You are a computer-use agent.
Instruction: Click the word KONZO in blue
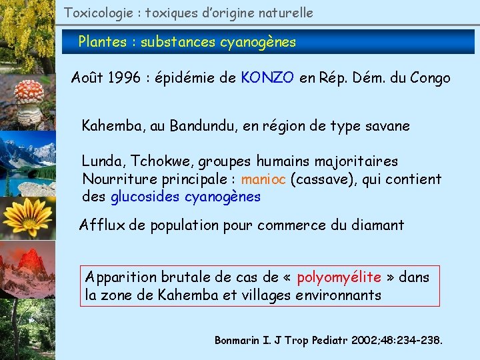click(268, 78)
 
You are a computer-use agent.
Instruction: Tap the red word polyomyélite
click(339, 277)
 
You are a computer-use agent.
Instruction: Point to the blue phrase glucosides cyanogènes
click(185, 197)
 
